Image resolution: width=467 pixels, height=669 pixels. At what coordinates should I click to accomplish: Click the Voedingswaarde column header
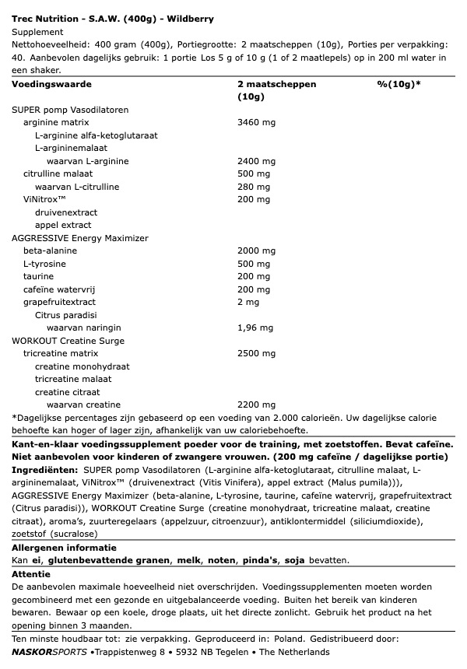52,83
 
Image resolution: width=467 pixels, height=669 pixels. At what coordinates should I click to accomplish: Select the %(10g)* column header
399,83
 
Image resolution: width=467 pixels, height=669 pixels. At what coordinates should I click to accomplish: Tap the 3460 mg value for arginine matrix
256,122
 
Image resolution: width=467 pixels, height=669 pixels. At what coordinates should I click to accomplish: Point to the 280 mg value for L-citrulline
253,187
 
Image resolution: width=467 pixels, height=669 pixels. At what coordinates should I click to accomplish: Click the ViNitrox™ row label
43,199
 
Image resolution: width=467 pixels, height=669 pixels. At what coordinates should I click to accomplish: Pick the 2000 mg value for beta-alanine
256,250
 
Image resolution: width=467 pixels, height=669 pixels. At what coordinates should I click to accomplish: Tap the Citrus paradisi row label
65,315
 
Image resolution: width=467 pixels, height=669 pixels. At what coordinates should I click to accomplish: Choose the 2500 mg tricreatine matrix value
256,353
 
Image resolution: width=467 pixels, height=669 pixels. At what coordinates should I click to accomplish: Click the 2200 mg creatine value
256,405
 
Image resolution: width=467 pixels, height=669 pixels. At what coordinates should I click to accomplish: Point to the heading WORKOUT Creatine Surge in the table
68,341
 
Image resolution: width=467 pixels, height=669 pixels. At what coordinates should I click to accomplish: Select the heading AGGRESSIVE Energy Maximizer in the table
80,238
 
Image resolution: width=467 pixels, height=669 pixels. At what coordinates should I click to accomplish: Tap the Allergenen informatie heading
64,548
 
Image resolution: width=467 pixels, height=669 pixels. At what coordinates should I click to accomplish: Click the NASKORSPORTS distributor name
49,651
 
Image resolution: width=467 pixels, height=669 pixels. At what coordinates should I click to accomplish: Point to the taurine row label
38,276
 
